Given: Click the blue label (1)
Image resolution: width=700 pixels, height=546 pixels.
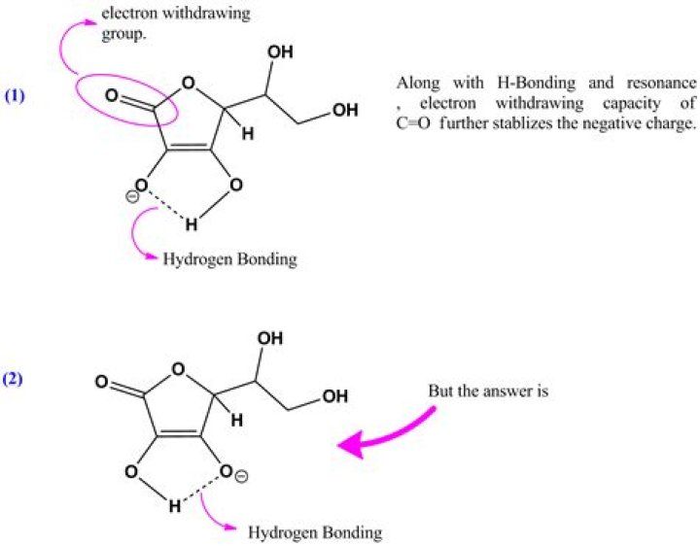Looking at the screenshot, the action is point(15,96).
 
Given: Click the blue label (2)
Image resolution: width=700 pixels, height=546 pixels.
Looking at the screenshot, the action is point(13,379).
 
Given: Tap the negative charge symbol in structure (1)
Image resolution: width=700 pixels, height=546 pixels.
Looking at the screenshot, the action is point(131,196).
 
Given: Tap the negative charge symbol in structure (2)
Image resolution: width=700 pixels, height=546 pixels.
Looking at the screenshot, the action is point(240,477).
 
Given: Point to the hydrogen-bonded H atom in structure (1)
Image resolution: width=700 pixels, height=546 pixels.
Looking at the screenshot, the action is point(192,224).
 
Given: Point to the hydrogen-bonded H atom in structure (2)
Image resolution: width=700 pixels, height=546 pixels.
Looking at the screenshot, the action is point(175,506).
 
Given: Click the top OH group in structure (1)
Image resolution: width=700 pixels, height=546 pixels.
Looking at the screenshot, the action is point(280,52).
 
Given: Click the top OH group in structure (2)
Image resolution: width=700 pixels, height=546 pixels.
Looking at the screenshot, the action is point(270,338).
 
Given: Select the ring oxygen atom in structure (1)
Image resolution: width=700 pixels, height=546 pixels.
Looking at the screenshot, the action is point(189,83).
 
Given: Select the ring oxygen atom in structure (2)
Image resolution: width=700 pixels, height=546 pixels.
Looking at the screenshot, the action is point(178,369).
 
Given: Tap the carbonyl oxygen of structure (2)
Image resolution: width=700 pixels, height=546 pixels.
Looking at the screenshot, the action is point(101,382).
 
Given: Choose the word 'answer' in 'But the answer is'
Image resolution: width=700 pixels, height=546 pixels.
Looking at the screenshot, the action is point(504,392).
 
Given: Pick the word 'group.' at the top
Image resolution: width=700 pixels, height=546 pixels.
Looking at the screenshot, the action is point(124,35).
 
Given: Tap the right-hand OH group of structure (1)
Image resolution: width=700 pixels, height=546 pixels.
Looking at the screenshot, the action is point(345,110).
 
